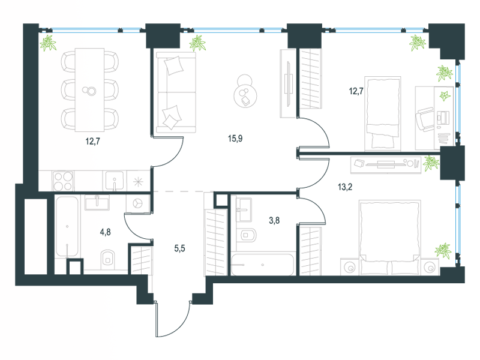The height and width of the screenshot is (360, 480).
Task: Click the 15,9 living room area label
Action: [235, 139]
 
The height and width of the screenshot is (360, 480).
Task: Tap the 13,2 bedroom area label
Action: [345, 187]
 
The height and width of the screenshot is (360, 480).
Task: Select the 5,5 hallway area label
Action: [179, 248]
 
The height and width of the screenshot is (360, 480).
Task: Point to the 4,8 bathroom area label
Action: [106, 232]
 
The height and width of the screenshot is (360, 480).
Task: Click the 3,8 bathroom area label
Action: [274, 220]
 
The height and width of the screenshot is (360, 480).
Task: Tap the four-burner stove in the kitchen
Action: [63, 181]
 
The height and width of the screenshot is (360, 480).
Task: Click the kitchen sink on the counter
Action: [115, 181]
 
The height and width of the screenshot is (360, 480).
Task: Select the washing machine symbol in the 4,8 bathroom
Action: [137, 203]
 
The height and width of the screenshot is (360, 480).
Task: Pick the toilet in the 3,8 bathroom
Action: [248, 235]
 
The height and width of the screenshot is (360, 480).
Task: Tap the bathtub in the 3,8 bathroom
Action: [263, 265]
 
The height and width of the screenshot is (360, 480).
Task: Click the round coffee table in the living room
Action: [245, 96]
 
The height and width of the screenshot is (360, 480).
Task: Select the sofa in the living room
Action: [176, 92]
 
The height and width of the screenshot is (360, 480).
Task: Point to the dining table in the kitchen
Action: [89, 90]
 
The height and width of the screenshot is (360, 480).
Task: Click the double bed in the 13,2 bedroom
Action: [389, 237]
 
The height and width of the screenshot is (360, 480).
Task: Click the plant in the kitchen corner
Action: [48, 43]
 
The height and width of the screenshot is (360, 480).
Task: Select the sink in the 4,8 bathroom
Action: [97, 203]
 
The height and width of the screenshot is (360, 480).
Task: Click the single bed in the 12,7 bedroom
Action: [383, 113]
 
